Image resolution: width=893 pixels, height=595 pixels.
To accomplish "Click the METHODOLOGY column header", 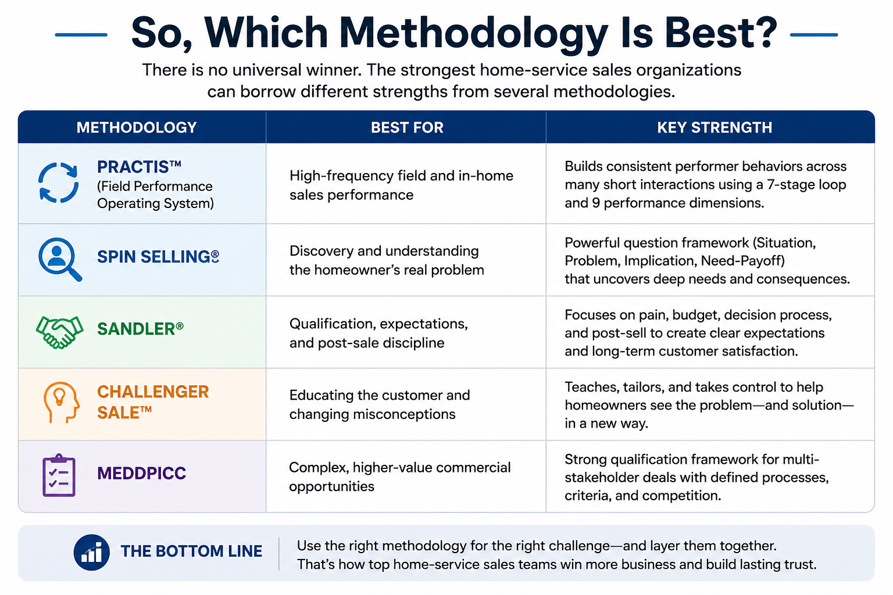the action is [x=137, y=127].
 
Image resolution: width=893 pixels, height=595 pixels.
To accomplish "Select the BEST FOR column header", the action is [x=407, y=127].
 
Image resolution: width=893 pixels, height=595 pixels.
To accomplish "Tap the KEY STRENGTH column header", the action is [x=715, y=127].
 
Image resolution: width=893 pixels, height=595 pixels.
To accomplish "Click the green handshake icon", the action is [x=59, y=332].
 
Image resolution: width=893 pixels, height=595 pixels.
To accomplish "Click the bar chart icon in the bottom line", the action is [x=92, y=553].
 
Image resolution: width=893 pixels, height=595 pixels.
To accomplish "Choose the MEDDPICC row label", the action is [x=141, y=473].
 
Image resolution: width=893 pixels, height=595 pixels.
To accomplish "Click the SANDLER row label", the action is [x=140, y=329].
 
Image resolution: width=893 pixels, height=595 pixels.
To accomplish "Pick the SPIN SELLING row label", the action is [x=158, y=257].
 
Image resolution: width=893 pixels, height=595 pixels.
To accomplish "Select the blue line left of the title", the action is [x=81, y=35].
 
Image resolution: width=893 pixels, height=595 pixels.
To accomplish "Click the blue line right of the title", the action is [x=814, y=35].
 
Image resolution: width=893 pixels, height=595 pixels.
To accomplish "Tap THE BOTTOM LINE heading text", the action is [x=191, y=551].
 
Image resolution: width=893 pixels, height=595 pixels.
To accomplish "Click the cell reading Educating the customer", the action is [x=380, y=404].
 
